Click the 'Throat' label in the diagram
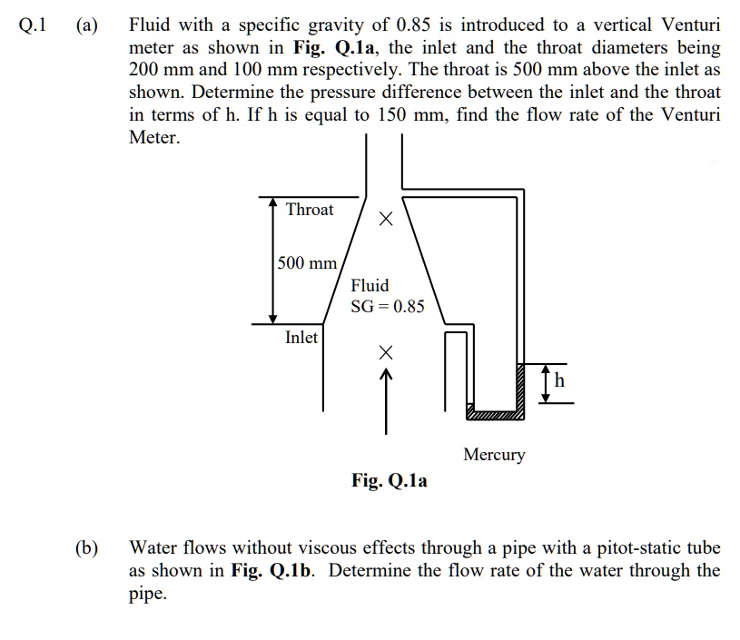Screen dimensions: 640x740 [x=310, y=210]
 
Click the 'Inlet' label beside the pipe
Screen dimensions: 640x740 [x=301, y=338]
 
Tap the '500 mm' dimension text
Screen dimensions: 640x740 [x=307, y=263]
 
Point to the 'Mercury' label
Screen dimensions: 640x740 [x=494, y=454]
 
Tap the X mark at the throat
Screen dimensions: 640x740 [x=385, y=219]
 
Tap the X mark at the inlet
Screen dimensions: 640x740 [x=385, y=351]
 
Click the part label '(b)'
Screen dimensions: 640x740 [x=86, y=548]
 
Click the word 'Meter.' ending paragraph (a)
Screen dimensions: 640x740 [x=154, y=139]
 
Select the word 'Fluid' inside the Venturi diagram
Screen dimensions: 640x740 [x=370, y=285]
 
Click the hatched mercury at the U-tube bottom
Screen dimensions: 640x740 [x=495, y=414]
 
